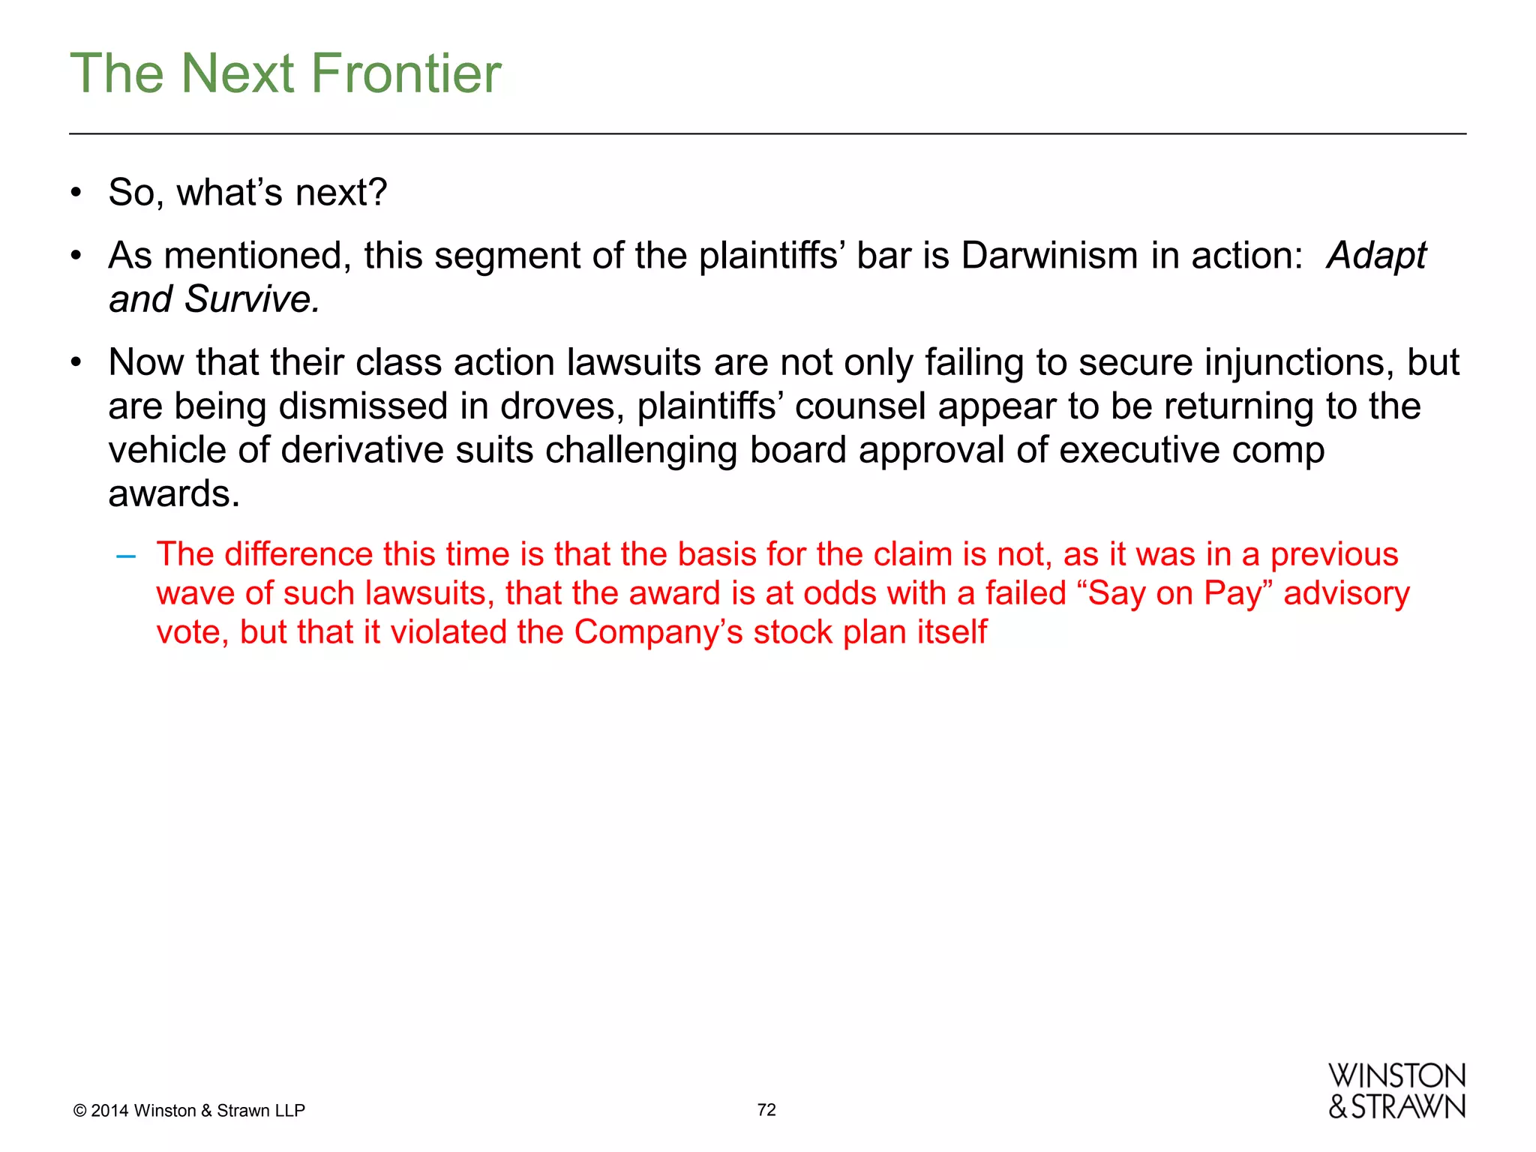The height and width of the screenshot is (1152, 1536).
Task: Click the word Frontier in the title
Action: click(x=406, y=73)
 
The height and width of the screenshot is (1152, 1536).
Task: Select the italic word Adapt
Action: click(x=1376, y=256)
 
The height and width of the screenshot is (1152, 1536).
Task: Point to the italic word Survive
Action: click(x=252, y=299)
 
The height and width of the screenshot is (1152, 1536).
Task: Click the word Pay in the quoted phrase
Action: click(x=1237, y=593)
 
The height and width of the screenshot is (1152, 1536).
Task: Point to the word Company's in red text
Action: click(x=658, y=632)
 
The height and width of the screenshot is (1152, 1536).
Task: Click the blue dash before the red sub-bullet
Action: click(x=126, y=556)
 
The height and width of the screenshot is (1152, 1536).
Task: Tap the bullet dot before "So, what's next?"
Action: click(x=76, y=193)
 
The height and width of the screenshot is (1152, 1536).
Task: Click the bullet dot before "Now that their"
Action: click(x=76, y=363)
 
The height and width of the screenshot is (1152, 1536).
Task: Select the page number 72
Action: click(x=766, y=1110)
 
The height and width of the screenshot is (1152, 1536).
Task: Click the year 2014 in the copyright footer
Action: click(x=109, y=1111)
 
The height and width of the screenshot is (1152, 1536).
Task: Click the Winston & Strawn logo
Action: click(x=1396, y=1091)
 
